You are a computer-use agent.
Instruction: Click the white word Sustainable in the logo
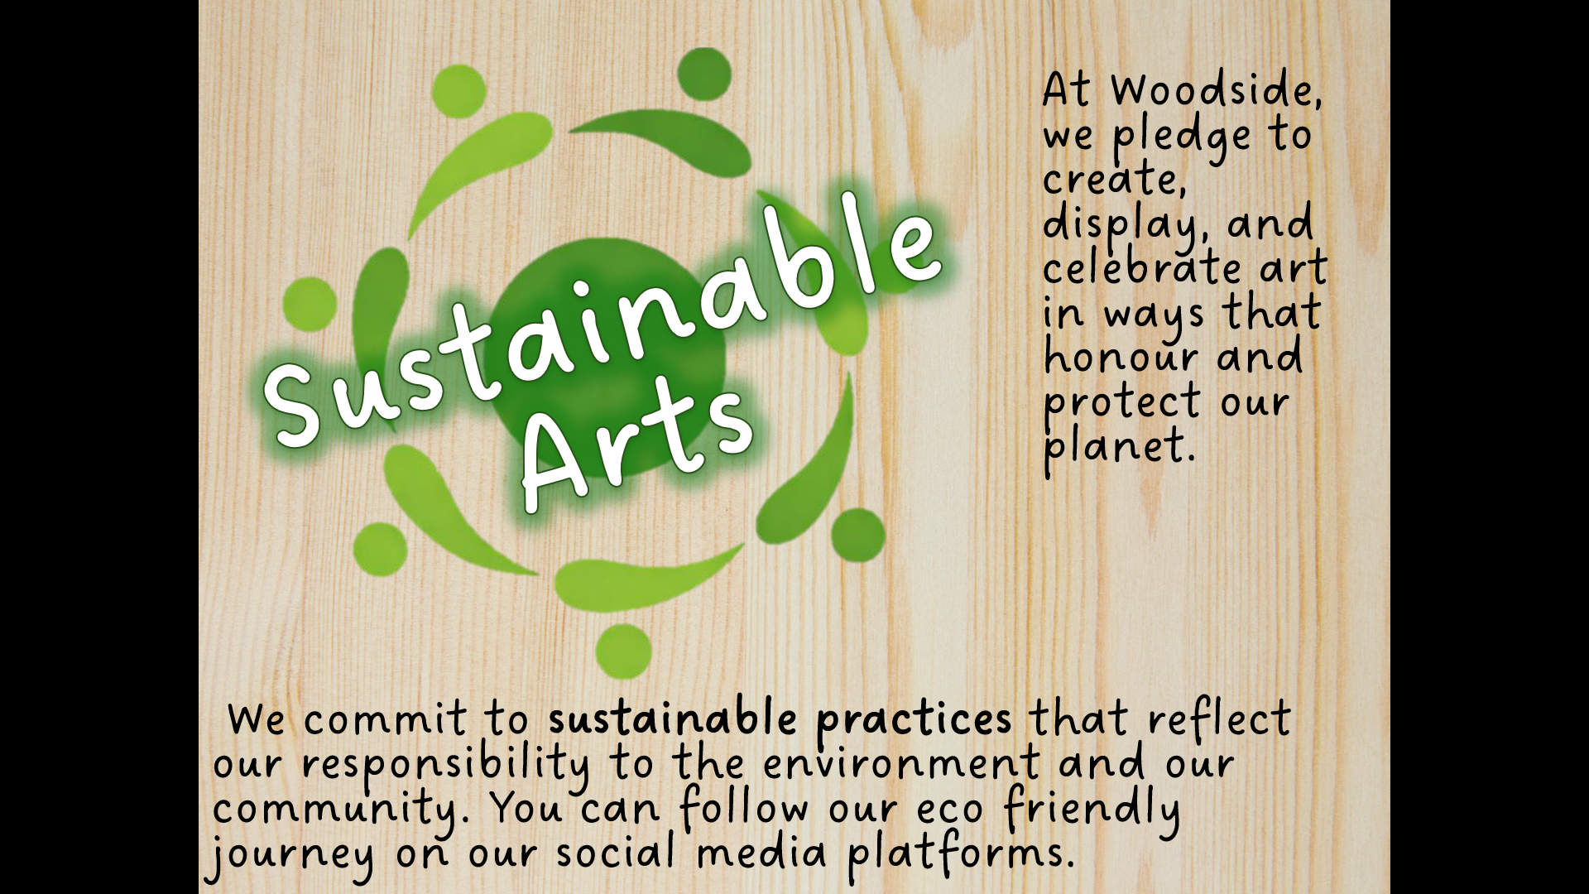click(x=602, y=323)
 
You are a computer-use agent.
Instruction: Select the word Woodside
click(x=1216, y=89)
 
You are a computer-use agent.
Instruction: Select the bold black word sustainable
click(x=672, y=718)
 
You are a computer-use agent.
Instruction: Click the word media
click(x=761, y=853)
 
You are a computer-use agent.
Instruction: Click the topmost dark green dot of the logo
click(x=704, y=74)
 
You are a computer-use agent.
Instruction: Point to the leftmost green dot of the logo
click(x=310, y=304)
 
